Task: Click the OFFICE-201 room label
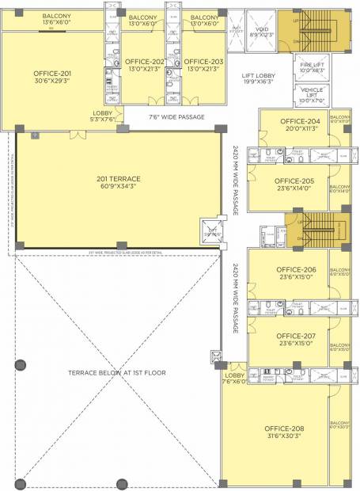[50, 73]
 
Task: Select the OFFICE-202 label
[145, 61]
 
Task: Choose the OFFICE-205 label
[297, 181]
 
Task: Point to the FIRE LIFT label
[311, 65]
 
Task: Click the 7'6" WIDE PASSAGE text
[176, 117]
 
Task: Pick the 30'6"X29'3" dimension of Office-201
[50, 81]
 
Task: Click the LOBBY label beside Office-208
[234, 375]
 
